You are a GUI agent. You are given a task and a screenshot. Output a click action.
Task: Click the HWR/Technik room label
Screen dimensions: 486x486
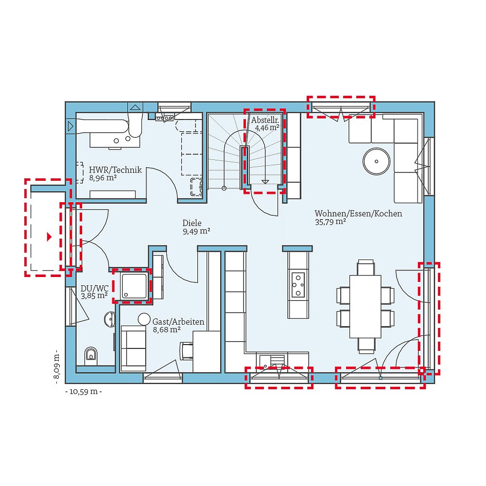pos(115,170)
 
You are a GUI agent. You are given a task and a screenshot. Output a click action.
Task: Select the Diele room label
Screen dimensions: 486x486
pos(192,223)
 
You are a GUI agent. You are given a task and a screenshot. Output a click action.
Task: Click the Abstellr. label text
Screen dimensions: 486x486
pos(264,120)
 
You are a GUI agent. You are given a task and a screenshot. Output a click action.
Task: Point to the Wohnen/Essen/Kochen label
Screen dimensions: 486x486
pos(358,213)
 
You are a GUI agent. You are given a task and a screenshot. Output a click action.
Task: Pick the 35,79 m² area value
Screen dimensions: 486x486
pos(330,222)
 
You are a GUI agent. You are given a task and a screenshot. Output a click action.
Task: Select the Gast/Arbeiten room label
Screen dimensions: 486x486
pos(178,322)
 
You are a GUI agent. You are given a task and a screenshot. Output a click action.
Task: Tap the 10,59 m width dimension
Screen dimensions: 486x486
pos(83,391)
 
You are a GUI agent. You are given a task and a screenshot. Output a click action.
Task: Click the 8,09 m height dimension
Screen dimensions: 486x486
pos(56,364)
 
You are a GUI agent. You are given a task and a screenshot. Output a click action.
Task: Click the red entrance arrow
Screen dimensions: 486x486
pos(49,237)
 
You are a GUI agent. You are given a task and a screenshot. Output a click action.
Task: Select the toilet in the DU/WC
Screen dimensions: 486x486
pos(91,356)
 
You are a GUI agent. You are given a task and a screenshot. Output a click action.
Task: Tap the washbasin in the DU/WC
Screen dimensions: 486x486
pos(110,319)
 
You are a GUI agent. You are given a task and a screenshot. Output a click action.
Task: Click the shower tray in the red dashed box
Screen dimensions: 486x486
pos(134,287)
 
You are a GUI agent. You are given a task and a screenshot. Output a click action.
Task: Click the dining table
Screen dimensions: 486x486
pos(365,306)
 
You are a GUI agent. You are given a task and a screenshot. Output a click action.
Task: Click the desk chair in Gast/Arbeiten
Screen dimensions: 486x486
pos(187,350)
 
